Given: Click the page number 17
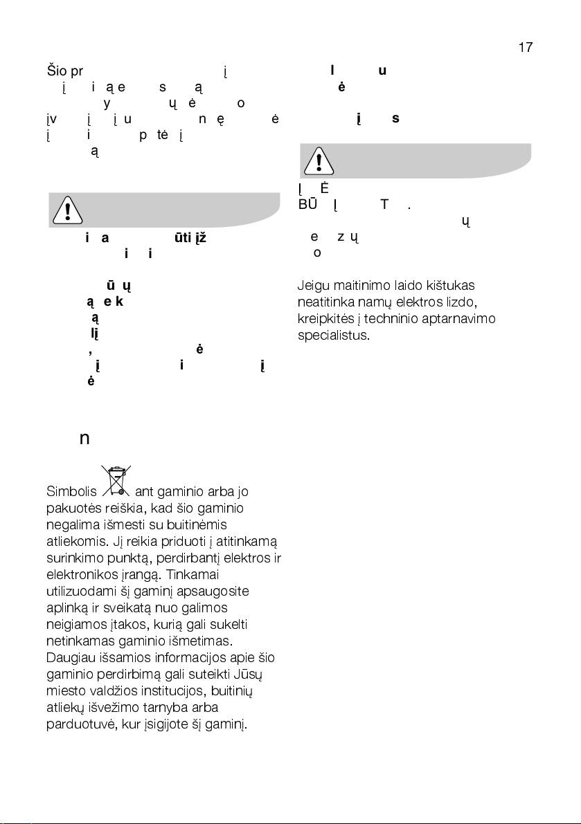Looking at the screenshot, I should (x=525, y=48).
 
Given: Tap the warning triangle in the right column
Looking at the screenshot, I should (x=318, y=161).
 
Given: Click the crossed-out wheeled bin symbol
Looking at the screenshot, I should (x=116, y=482).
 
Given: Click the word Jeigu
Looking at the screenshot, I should (x=313, y=286).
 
